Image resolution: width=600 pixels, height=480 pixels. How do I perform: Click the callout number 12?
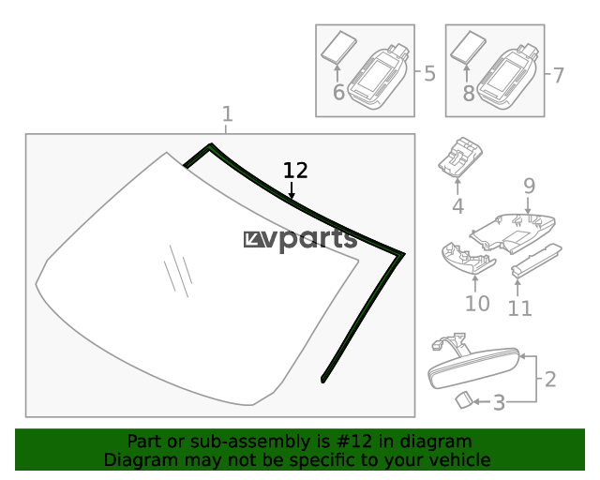pos(295,171)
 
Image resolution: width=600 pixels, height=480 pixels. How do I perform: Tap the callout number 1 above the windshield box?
pos(227,114)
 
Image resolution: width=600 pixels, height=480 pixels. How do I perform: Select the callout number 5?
pos(429,73)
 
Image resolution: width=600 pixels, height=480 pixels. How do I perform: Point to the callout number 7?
pos(559,75)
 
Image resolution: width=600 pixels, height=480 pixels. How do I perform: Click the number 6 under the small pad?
pos(338,93)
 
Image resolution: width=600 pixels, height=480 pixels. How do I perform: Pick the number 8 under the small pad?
pos(469,94)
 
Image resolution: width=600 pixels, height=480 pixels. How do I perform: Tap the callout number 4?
pos(458,206)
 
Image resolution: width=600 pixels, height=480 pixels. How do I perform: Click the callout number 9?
pos(529,186)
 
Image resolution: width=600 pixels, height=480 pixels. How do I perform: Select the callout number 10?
pos(477,304)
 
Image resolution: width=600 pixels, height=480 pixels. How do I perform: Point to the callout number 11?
pos(519,308)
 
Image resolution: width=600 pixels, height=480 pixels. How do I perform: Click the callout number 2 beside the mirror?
pos(550,380)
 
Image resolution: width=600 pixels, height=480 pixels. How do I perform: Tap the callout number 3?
pos(499,403)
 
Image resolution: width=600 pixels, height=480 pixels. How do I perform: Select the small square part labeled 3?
pos(464,400)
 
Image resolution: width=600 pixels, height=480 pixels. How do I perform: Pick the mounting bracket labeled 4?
pos(460,157)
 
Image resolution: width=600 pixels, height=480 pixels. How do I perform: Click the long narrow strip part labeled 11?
pos(536,260)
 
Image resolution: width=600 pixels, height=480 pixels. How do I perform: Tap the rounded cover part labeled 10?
pos(468,258)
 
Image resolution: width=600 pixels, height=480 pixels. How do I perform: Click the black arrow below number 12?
pos(292,190)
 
